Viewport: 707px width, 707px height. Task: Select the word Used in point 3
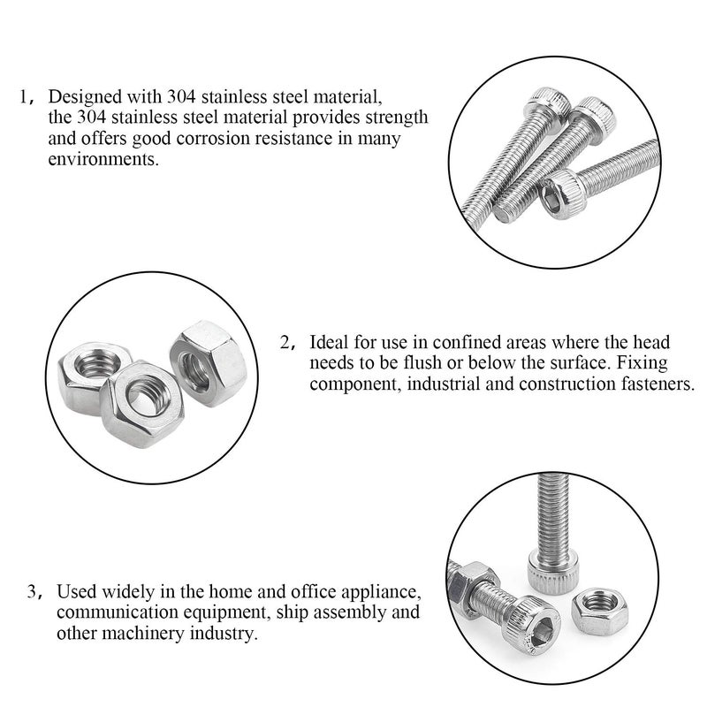tap(73, 590)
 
